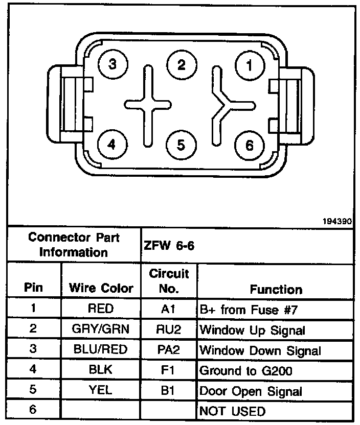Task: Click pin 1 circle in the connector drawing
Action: click(x=249, y=65)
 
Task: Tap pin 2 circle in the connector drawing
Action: click(x=181, y=65)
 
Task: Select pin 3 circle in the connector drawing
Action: click(x=112, y=65)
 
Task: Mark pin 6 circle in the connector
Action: click(x=249, y=146)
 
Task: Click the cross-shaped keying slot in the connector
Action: click(x=147, y=105)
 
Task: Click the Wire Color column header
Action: click(x=101, y=289)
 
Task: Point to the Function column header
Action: click(x=276, y=290)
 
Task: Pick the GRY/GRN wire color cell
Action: click(x=101, y=329)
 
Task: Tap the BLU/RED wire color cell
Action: click(x=101, y=350)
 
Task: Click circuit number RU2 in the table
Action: click(x=168, y=329)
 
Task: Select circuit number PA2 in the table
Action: click(x=168, y=350)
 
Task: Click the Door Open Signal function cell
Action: click(x=251, y=391)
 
